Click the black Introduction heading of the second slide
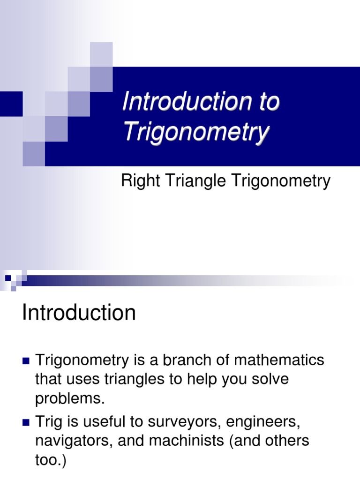click(79, 313)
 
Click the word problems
click(68, 399)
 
